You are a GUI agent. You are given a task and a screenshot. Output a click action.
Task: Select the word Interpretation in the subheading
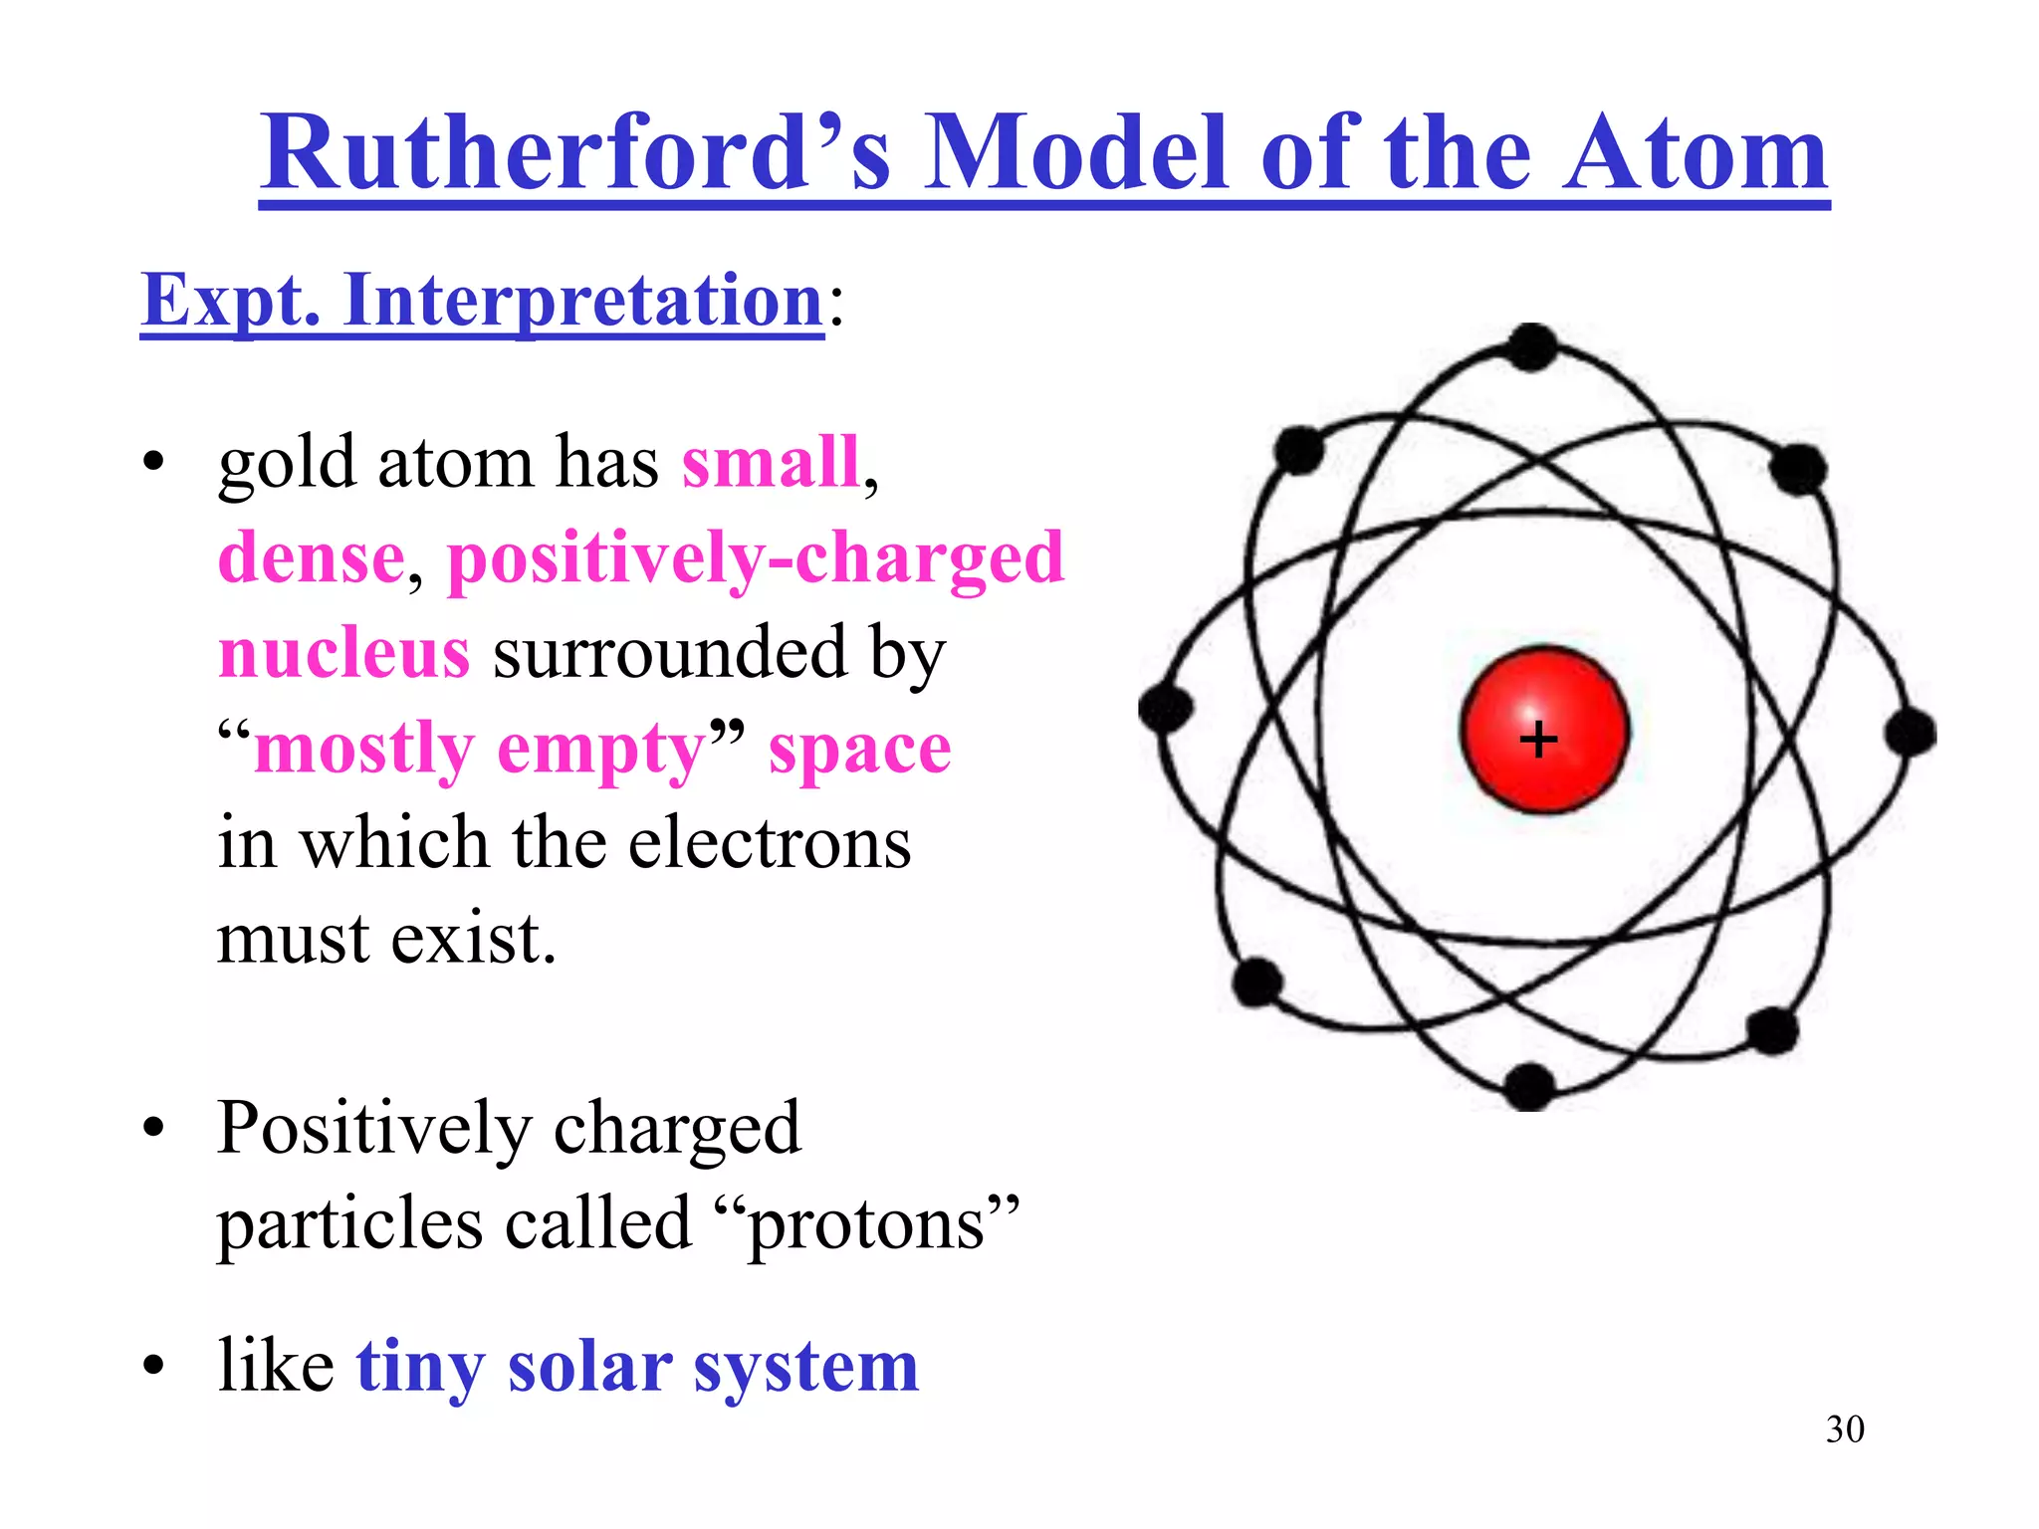point(582,301)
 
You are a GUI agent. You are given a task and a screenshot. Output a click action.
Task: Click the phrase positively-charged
point(756,558)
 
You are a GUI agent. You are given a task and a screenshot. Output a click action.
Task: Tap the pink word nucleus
point(343,654)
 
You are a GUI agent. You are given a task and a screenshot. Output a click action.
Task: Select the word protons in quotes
point(865,1224)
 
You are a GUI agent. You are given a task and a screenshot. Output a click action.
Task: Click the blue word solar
point(589,1367)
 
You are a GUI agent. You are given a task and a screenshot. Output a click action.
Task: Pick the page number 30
point(1845,1429)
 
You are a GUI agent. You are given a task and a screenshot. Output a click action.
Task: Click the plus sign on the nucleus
point(1538,740)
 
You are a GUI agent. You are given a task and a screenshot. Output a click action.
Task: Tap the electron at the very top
point(1532,347)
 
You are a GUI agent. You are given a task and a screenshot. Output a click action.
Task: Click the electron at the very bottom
point(1529,1086)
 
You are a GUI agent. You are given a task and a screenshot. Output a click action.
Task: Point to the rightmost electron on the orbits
point(1910,734)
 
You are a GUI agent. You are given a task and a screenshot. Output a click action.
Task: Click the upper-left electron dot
point(1299,451)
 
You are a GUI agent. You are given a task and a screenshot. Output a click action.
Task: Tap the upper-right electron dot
point(1798,469)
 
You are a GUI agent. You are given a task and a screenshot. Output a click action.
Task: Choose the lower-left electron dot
point(1257,983)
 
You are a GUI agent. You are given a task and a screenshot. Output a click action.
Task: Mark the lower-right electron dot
point(1772,1031)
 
